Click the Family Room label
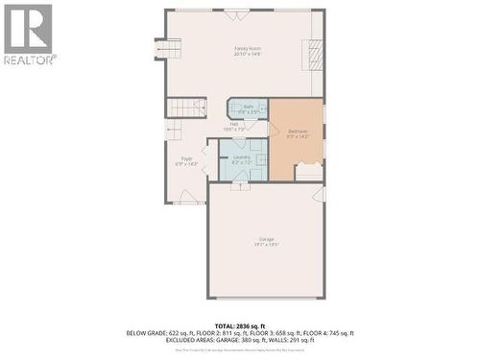pos(248,51)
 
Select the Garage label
pos(266,241)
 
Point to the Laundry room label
pos(241,159)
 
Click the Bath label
pos(248,108)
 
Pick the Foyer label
pos(186,161)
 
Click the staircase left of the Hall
pos(185,108)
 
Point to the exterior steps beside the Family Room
pos(168,50)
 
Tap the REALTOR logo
pos(29,34)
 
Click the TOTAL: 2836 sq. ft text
pos(240,325)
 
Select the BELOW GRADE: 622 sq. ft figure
pos(154,333)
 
